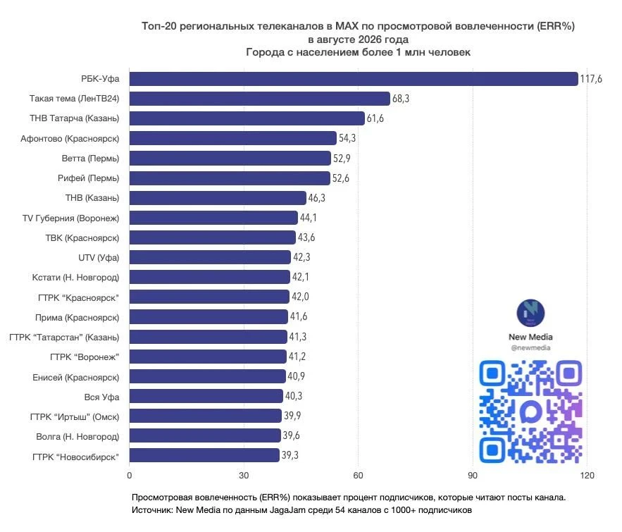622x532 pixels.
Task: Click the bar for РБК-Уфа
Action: pyautogui.click(x=354, y=79)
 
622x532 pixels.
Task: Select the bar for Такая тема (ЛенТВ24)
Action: pyautogui.click(x=259, y=99)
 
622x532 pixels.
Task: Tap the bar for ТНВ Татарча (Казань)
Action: pyautogui.click(x=247, y=118)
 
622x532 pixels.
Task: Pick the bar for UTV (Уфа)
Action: pyautogui.click(x=210, y=257)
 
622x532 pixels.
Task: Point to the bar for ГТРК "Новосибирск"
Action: pyautogui.click(x=204, y=455)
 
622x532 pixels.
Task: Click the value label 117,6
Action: pyautogui.click(x=591, y=79)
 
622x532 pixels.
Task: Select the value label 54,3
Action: pyautogui.click(x=347, y=138)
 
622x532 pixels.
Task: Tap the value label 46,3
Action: pyautogui.click(x=316, y=197)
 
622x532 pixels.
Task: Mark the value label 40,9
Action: pyautogui.click(x=297, y=376)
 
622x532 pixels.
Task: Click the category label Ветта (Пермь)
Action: pyautogui.click(x=90, y=159)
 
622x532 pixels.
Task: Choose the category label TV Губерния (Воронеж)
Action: pyautogui.click(x=70, y=218)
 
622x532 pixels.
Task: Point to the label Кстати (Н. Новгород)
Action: pyautogui.click(x=75, y=278)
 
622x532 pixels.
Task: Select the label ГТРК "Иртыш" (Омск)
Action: pyautogui.click(x=75, y=416)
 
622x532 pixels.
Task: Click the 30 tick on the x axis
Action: pyautogui.click(x=244, y=475)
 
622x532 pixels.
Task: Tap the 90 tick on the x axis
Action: pyautogui.click(x=473, y=475)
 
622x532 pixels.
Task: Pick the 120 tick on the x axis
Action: pyautogui.click(x=587, y=475)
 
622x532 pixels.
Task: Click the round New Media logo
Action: pyautogui.click(x=530, y=313)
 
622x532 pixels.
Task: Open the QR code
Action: pyautogui.click(x=530, y=412)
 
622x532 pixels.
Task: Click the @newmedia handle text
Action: pyautogui.click(x=530, y=347)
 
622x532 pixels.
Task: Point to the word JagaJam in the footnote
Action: pyautogui.click(x=285, y=510)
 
